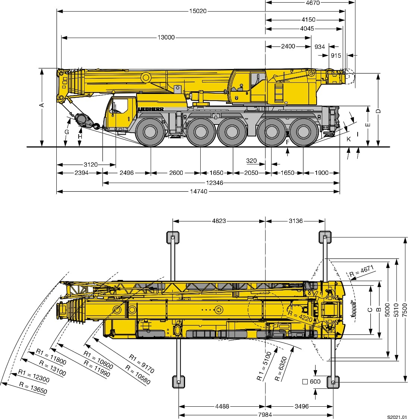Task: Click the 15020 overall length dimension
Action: [x=198, y=11]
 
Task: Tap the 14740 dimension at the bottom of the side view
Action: [x=198, y=192]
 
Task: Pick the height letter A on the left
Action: [x=42, y=105]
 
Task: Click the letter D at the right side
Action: [x=378, y=111]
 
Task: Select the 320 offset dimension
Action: [x=251, y=161]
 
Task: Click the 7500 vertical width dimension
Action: [x=405, y=309]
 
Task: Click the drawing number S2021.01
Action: [x=397, y=416]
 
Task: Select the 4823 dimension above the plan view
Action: [x=219, y=221]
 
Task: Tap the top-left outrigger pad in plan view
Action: [x=172, y=237]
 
